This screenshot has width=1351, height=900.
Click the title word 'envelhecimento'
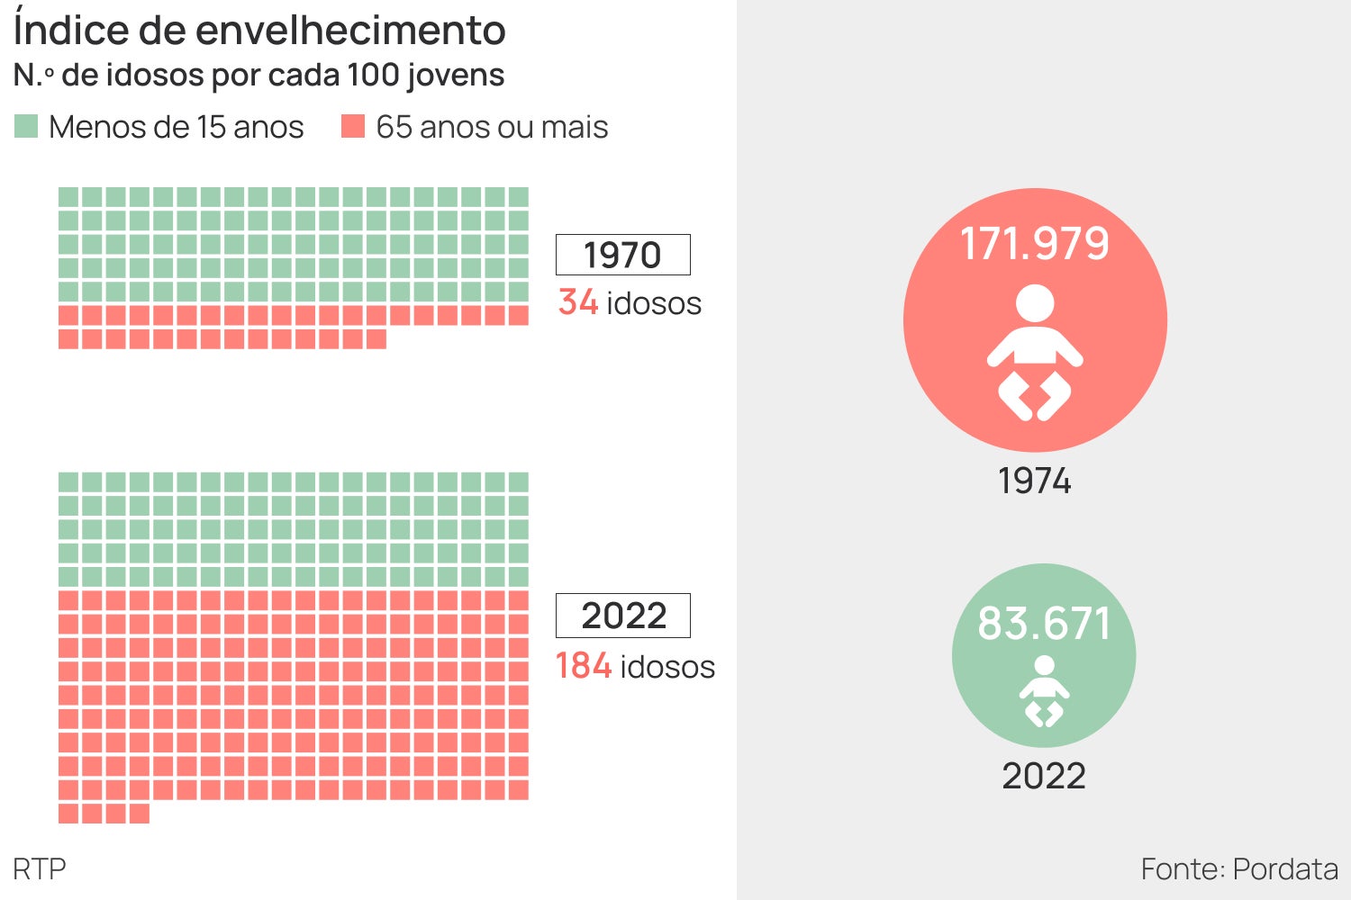[x=350, y=31]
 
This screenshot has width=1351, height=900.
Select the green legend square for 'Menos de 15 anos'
[x=26, y=126]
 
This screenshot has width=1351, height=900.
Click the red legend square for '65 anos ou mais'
[x=353, y=126]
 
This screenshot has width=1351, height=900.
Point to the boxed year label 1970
[x=622, y=255]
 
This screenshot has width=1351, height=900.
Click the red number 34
[x=578, y=302]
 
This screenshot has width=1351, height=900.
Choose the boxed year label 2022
[x=623, y=616]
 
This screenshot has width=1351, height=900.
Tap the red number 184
[x=584, y=666]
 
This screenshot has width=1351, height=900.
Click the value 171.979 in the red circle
[x=1035, y=244]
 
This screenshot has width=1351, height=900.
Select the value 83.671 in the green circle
[x=1044, y=624]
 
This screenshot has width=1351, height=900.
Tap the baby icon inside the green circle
[x=1044, y=691]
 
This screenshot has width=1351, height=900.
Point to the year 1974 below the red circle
[x=1034, y=481]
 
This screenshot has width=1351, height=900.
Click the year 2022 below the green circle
[x=1044, y=776]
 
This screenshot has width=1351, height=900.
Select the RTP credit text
[x=40, y=869]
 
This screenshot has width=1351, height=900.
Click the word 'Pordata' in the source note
[x=1285, y=869]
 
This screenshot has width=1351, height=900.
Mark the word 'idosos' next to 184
[x=667, y=667]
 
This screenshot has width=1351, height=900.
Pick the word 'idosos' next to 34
[x=654, y=303]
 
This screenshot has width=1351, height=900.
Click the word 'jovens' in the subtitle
[x=455, y=76]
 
